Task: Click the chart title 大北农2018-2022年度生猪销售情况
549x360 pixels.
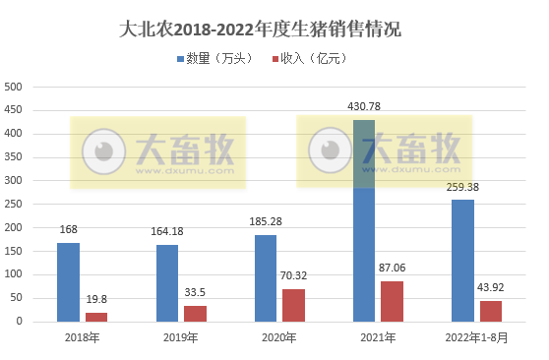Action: [274, 29]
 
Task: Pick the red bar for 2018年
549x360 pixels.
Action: [96, 317]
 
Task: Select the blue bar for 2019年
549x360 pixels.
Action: [167, 282]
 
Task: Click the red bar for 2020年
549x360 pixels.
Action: [293, 304]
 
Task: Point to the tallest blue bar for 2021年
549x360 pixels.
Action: [364, 220]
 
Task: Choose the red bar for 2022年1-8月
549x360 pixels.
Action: [491, 311]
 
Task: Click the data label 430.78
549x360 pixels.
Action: [364, 106]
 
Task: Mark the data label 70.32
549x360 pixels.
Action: [294, 276]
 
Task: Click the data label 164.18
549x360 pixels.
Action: [167, 231]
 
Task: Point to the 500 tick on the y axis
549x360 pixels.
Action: [14, 87]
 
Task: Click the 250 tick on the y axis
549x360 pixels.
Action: [14, 204]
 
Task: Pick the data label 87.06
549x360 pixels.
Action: [393, 269]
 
